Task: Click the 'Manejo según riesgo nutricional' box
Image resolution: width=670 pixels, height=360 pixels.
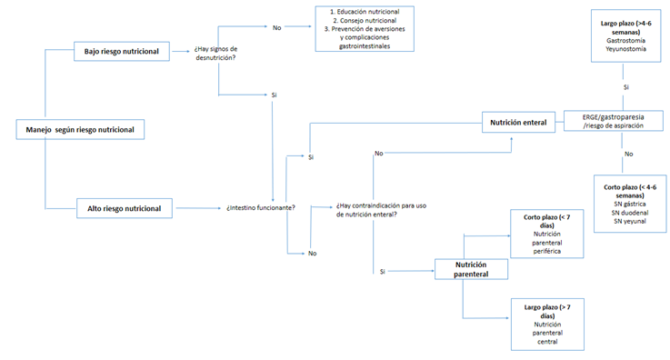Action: (80, 129)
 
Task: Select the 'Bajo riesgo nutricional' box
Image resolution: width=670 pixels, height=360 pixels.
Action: (122, 51)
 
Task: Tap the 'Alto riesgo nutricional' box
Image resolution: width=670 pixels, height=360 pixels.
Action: (125, 208)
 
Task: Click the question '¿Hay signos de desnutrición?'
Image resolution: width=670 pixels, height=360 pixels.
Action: (215, 54)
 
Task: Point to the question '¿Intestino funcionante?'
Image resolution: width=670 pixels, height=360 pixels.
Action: (261, 208)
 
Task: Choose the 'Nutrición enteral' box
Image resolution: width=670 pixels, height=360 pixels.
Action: (518, 123)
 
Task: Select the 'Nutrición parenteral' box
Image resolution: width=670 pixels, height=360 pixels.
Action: (471, 269)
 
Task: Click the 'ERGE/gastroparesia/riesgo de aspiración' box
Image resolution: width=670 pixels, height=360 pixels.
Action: (613, 121)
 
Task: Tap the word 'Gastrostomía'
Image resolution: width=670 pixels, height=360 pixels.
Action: (626, 41)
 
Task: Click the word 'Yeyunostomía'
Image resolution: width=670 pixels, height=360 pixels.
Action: (626, 49)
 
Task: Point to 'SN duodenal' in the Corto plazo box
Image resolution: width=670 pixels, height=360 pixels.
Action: (630, 213)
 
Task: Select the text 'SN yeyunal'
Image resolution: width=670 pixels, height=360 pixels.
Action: (630, 221)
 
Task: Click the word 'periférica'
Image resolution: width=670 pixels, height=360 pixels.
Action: (547, 251)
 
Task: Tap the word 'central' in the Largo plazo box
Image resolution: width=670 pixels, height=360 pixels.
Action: (547, 342)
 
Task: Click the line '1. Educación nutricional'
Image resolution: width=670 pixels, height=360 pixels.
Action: (365, 12)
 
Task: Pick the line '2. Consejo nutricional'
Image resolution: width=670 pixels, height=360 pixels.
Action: (365, 21)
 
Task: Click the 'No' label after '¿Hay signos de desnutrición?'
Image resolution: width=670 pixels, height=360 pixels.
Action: (277, 28)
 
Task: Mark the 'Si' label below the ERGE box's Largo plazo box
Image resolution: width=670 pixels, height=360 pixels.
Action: (626, 87)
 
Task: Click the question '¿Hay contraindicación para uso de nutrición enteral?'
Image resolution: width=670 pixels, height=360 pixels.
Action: (381, 210)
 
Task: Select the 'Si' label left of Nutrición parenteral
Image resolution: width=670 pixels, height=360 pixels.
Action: (383, 272)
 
